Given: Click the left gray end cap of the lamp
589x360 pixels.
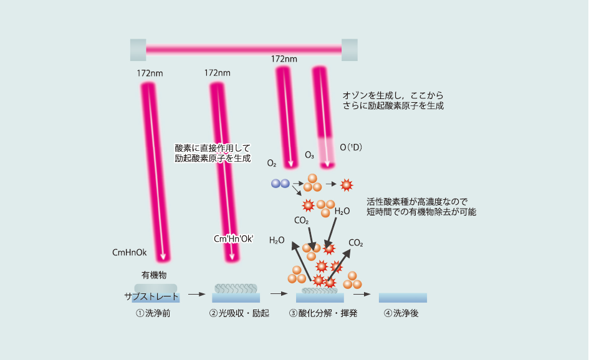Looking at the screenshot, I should pyautogui.click(x=138, y=50).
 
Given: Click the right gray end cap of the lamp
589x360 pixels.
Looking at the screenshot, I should pyautogui.click(x=350, y=50).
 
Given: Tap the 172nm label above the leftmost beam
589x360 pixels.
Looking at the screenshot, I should pyautogui.click(x=150, y=73).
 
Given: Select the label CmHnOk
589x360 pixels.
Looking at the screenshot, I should pyautogui.click(x=129, y=253).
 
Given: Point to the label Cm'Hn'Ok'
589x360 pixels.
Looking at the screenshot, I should pyautogui.click(x=234, y=239).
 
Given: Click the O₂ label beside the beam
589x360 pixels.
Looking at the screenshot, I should pyautogui.click(x=272, y=163).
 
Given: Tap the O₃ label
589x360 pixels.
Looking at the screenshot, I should pyautogui.click(x=309, y=154).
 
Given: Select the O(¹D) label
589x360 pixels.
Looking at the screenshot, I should pyautogui.click(x=351, y=148).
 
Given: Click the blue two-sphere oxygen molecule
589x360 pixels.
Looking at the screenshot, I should pyautogui.click(x=280, y=183).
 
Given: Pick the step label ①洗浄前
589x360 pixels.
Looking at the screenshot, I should pyautogui.click(x=153, y=313).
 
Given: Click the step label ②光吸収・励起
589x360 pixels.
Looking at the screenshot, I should pyautogui.click(x=239, y=313).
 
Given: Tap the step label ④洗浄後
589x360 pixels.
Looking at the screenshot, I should pyautogui.click(x=401, y=313).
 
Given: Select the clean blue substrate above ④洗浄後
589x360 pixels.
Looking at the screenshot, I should pyautogui.click(x=403, y=297).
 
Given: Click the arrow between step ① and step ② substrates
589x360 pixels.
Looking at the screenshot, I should pyautogui.click(x=196, y=294).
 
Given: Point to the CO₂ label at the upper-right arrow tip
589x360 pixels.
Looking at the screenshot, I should pyautogui.click(x=356, y=243).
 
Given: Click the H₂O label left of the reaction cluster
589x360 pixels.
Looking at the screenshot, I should pyautogui.click(x=277, y=240).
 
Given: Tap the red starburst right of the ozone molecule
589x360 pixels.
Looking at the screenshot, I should pyautogui.click(x=347, y=184).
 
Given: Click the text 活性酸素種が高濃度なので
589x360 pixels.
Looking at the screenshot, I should pyautogui.click(x=417, y=201).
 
